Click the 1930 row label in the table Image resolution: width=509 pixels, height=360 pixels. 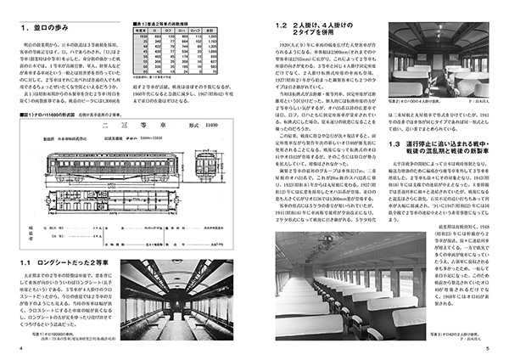point(141,38)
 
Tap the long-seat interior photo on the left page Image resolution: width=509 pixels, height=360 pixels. point(179,298)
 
